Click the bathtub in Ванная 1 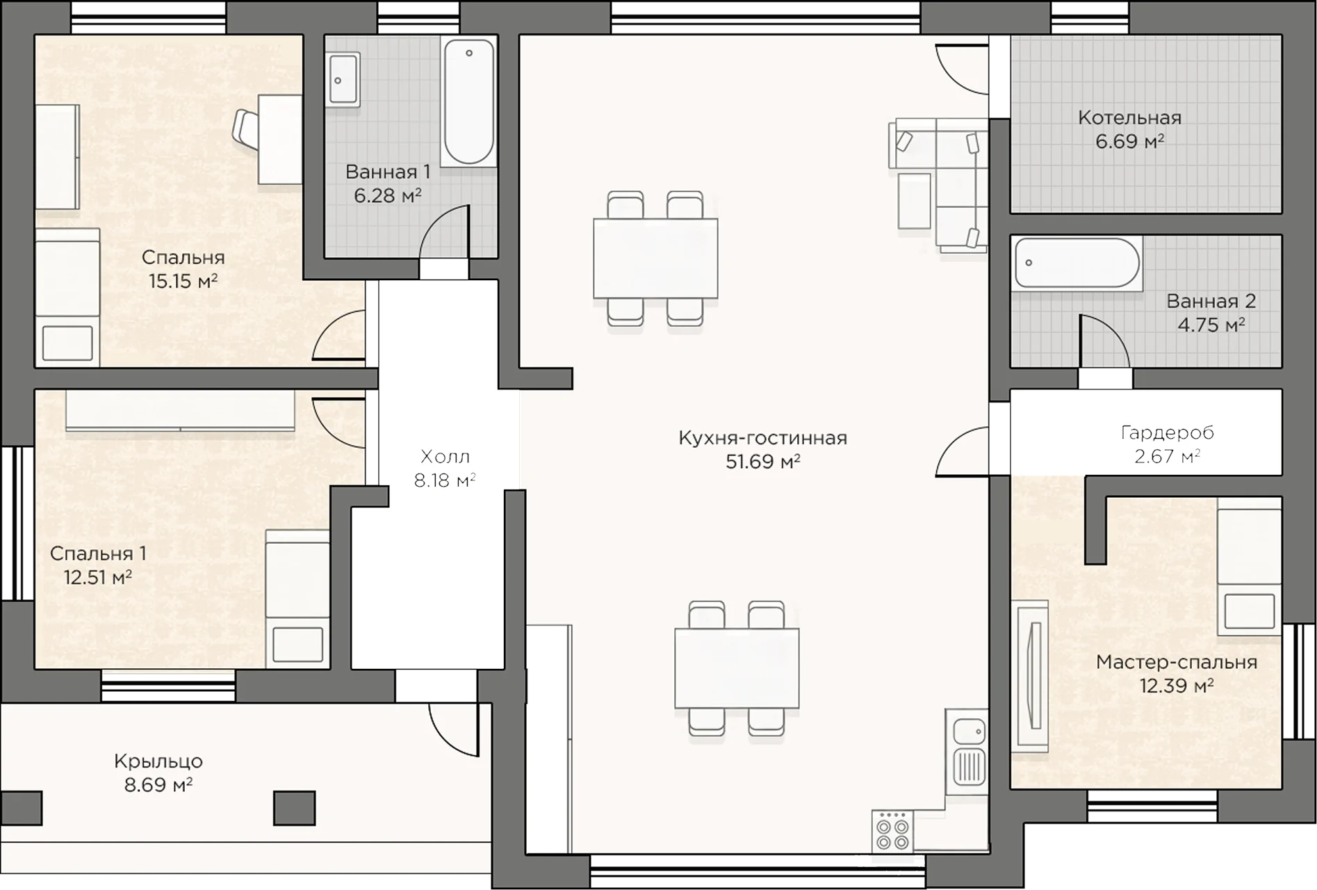coord(468,102)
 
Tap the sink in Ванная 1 coord(343,79)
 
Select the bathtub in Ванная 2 coord(1077,264)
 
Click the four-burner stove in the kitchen coord(892,832)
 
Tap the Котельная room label coord(1129,118)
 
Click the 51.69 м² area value coord(762,462)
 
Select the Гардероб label coord(1168,432)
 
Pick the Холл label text coord(445,457)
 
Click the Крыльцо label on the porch coord(158,761)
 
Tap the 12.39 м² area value coord(1176,686)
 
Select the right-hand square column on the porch coord(294,808)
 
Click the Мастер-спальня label coord(1177,662)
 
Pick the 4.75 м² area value coord(1211,325)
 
